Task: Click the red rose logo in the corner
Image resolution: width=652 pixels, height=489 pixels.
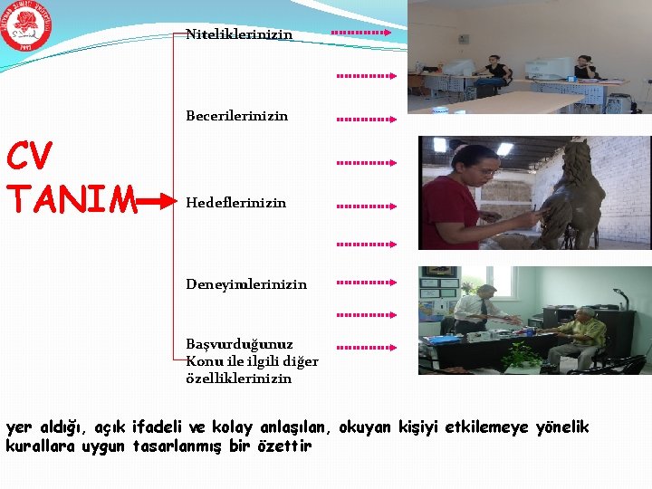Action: (26, 26)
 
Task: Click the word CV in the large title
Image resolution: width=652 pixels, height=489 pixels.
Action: (31, 157)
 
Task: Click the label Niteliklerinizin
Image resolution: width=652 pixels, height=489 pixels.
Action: (239, 34)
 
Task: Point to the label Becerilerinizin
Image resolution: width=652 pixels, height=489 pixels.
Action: (236, 116)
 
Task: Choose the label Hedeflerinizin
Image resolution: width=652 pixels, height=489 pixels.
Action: (235, 203)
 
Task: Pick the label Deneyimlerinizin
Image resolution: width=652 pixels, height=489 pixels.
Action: (246, 284)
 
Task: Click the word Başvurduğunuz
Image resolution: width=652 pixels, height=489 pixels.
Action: (239, 345)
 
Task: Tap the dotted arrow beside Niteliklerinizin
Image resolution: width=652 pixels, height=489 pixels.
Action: (360, 33)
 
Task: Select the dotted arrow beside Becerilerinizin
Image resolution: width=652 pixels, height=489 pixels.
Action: (366, 119)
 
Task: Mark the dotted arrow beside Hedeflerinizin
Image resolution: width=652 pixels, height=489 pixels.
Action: (366, 206)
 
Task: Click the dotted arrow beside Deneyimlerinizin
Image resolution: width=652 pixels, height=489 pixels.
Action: (366, 283)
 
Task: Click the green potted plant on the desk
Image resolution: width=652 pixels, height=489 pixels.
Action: (523, 353)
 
